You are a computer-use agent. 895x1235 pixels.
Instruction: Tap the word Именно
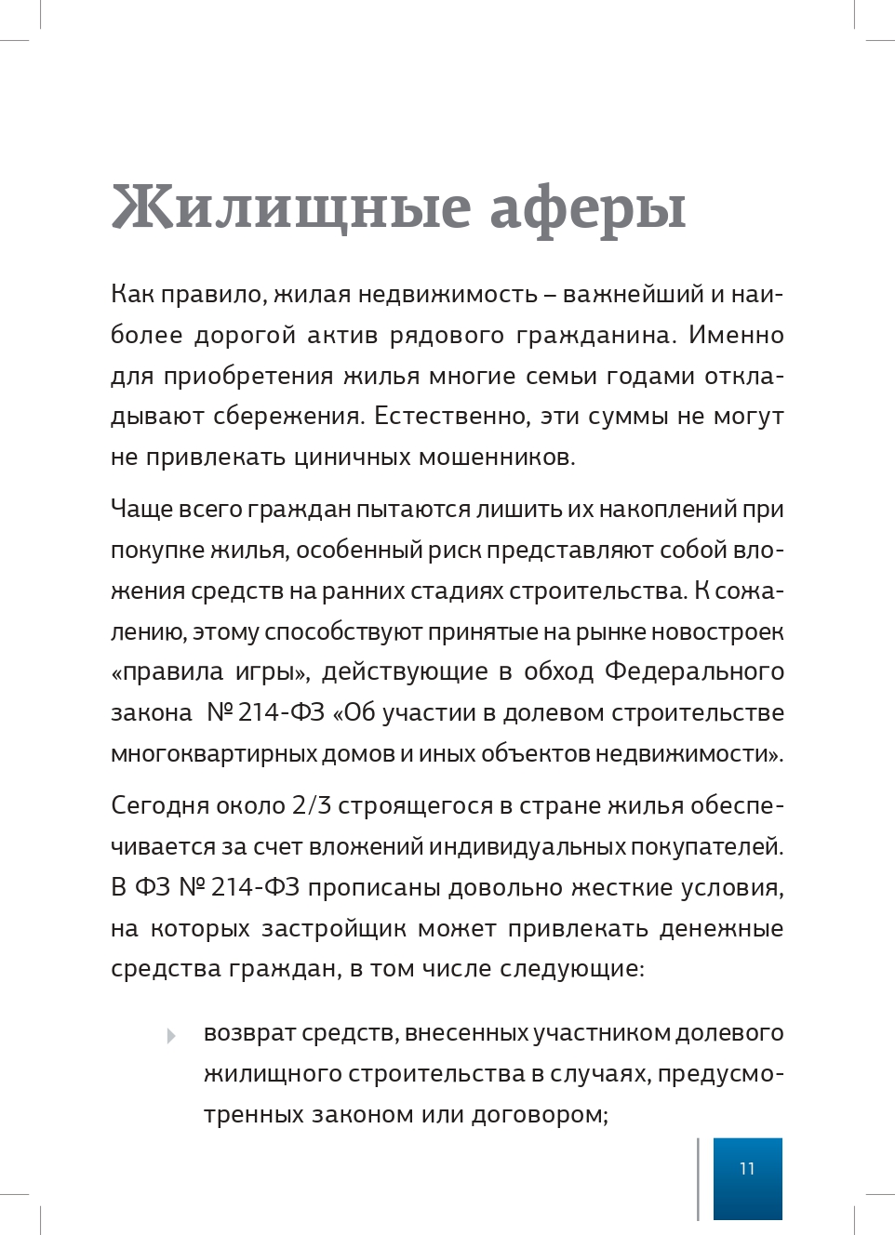coord(736,336)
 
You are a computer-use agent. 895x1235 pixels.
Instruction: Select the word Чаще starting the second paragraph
coord(140,510)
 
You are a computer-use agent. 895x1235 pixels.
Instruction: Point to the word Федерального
coord(694,672)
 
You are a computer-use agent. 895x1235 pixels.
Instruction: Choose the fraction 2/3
coord(312,806)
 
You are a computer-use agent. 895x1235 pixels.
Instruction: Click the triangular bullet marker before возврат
coord(171,1035)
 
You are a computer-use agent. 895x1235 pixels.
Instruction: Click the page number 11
coord(747,1169)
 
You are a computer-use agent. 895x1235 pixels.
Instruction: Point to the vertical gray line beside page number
coord(698,1178)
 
